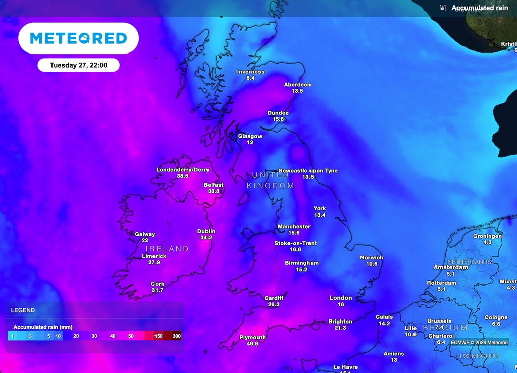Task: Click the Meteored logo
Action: click(x=78, y=38)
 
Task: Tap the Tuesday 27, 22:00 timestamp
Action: click(x=78, y=65)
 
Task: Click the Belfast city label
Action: click(x=214, y=185)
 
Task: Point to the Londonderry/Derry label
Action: click(x=182, y=170)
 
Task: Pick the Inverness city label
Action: click(x=250, y=72)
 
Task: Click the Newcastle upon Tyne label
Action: click(x=308, y=171)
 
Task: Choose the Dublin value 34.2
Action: click(x=206, y=238)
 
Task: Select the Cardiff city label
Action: click(x=274, y=298)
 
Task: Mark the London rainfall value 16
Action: click(x=341, y=304)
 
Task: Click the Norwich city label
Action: click(x=372, y=258)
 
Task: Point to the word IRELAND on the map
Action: click(x=167, y=249)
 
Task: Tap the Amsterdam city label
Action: click(x=451, y=267)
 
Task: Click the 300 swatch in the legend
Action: click(x=176, y=336)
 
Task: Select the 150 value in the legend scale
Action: click(x=159, y=336)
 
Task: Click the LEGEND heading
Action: click(x=23, y=310)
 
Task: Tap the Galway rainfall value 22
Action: click(x=145, y=241)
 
